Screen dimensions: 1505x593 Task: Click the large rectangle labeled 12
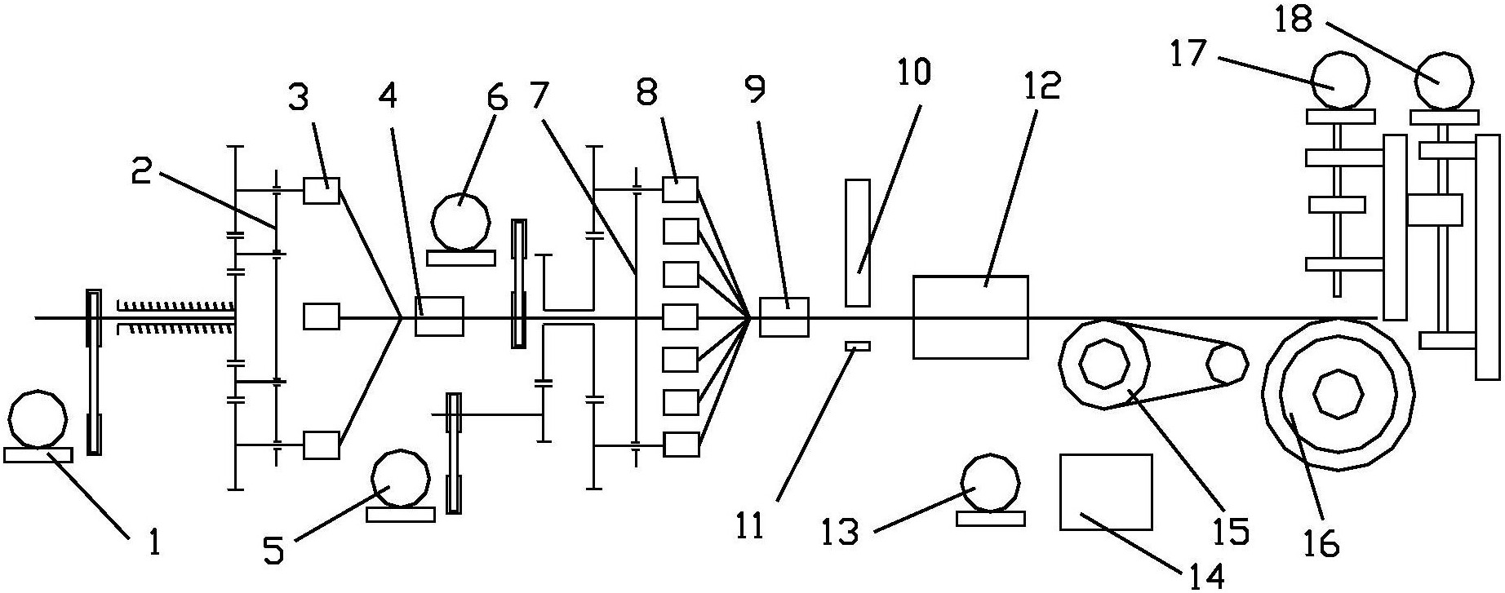(x=970, y=317)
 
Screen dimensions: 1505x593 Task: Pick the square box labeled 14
(x=1106, y=492)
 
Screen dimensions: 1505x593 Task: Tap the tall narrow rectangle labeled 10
(x=858, y=243)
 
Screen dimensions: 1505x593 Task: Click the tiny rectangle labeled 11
(x=858, y=347)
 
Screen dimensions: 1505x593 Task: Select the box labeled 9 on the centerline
(x=784, y=317)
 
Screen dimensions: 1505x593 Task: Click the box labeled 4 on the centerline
(x=439, y=316)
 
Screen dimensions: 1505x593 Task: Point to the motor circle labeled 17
(x=1341, y=82)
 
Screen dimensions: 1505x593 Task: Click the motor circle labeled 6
(x=461, y=222)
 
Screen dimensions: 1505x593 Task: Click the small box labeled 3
(x=322, y=191)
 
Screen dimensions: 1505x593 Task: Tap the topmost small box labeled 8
(x=680, y=189)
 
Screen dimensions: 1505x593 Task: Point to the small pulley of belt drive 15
(x=1227, y=363)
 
